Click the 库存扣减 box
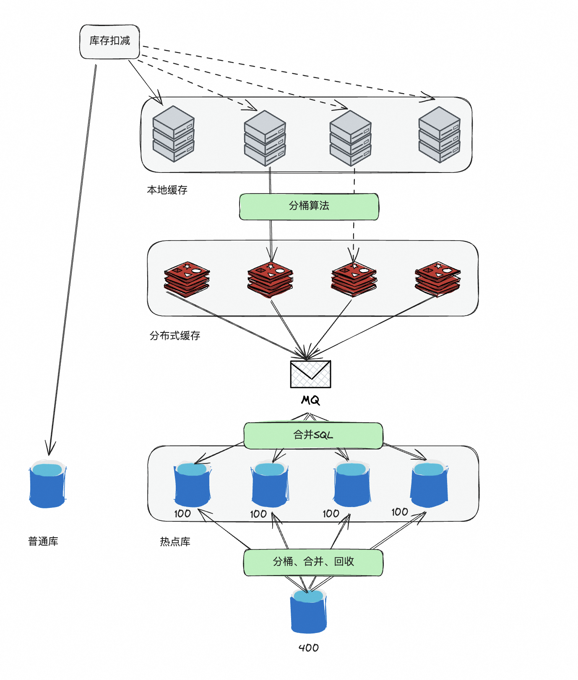[109, 42]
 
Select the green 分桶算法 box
[309, 207]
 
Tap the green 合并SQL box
[313, 435]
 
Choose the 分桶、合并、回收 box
[313, 562]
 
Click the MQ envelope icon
[310, 374]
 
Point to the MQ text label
[310, 400]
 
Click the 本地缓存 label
[167, 190]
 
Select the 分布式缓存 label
[175, 336]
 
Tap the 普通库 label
[43, 541]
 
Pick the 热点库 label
[175, 542]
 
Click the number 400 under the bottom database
[309, 648]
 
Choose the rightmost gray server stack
[439, 134]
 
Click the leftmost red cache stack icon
[187, 279]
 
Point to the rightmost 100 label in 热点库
[399, 512]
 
